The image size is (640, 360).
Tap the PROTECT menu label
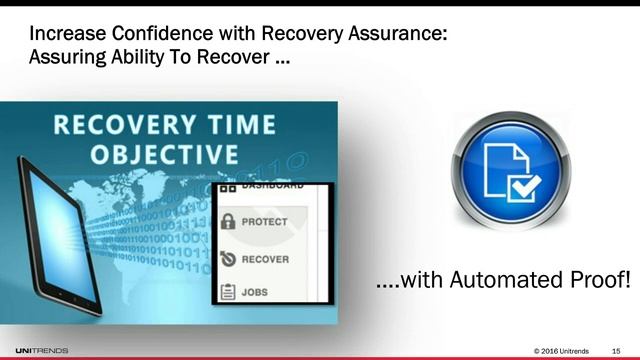(x=265, y=221)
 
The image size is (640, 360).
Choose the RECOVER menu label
(x=265, y=259)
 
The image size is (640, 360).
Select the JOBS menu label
(x=257, y=292)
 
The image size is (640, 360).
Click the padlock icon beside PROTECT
(x=227, y=221)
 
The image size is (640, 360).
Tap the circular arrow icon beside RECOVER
(x=227, y=259)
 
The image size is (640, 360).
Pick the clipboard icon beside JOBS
(x=227, y=292)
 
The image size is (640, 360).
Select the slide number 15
(x=615, y=348)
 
